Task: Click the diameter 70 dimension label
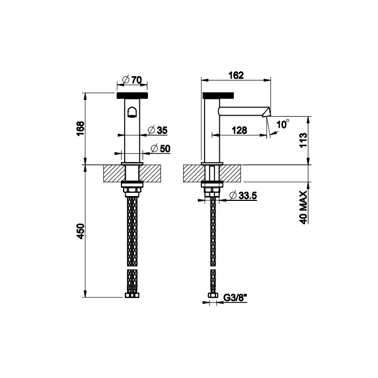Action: [x=132, y=80]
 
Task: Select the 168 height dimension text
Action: [x=80, y=129]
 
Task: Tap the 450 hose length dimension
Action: [x=80, y=232]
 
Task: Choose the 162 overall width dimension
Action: [x=235, y=75]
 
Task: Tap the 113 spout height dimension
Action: [x=303, y=140]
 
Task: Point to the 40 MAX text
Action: [x=303, y=207]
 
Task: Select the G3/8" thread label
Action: [x=234, y=296]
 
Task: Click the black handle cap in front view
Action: [x=132, y=96]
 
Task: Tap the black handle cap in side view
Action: [x=218, y=96]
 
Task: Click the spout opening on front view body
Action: [x=132, y=113]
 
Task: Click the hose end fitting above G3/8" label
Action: [x=212, y=296]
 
